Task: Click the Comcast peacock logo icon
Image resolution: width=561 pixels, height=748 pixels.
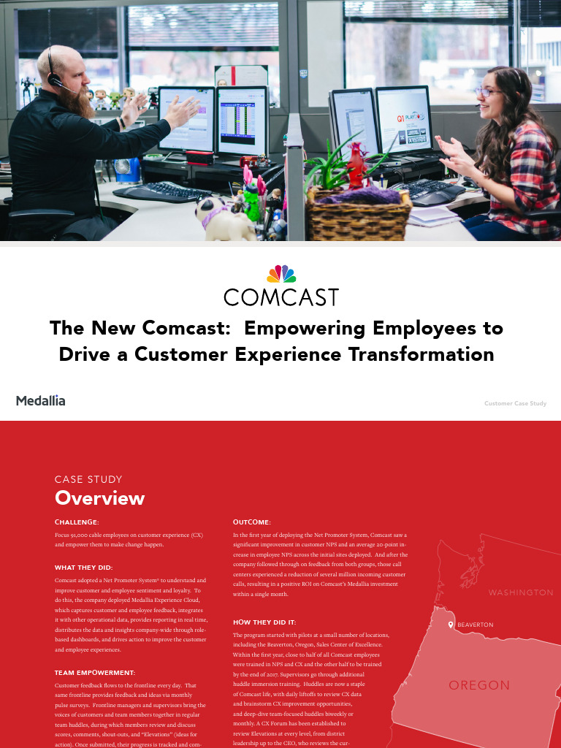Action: tap(281, 275)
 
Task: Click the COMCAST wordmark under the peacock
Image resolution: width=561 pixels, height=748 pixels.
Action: tap(281, 297)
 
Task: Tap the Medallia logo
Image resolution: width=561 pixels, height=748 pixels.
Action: tap(40, 400)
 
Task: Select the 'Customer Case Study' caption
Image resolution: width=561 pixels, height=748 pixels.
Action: tap(515, 403)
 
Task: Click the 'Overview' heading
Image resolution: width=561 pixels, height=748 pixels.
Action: tap(99, 498)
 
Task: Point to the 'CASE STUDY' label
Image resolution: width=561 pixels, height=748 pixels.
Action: tap(88, 479)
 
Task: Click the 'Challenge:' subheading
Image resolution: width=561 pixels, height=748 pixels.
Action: tap(77, 522)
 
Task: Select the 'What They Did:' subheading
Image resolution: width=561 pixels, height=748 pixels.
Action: tap(83, 567)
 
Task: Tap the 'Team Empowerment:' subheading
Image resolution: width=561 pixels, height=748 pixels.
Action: tap(95, 672)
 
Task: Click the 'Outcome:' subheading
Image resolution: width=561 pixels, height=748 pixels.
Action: tap(251, 522)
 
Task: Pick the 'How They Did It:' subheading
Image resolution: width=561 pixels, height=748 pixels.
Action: tap(264, 622)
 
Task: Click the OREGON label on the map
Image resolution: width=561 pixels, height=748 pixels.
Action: tap(478, 685)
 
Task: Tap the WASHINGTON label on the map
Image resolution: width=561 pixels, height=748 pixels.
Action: tap(520, 592)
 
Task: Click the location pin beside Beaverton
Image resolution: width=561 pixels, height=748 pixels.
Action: tap(451, 625)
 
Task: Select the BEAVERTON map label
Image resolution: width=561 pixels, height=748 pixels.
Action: tap(475, 625)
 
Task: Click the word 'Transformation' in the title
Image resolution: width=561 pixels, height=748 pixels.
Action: tap(421, 355)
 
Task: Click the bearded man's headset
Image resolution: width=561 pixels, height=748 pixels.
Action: tap(53, 66)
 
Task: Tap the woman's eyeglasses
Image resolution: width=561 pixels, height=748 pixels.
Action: tap(485, 93)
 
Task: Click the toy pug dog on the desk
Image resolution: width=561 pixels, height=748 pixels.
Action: tap(223, 218)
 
